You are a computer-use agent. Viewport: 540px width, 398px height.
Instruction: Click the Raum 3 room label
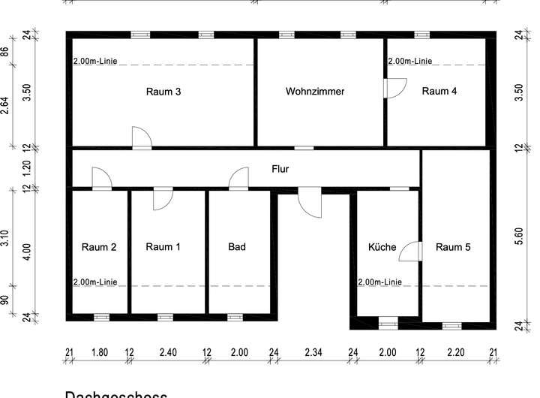(x=162, y=92)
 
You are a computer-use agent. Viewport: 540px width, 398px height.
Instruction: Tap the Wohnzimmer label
(x=315, y=92)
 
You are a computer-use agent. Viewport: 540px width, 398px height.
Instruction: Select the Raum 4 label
(x=439, y=92)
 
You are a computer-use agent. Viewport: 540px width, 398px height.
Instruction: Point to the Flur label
(x=280, y=170)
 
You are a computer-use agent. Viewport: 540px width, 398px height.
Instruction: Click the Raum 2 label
(x=99, y=247)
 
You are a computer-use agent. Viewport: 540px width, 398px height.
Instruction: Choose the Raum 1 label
(x=163, y=247)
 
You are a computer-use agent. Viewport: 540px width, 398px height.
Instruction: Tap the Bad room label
(x=237, y=247)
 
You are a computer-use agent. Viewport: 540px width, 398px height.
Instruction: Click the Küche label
(x=382, y=247)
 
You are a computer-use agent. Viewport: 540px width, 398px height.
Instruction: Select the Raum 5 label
(x=454, y=247)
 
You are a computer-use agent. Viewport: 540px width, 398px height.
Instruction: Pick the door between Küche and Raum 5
(x=411, y=252)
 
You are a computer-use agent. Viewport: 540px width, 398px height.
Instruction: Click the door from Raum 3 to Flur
(x=141, y=138)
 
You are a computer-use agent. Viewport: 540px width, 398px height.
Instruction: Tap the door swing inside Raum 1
(x=163, y=199)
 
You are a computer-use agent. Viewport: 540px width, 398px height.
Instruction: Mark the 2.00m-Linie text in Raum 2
(x=94, y=282)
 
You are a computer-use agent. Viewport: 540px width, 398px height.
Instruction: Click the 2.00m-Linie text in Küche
(x=379, y=282)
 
